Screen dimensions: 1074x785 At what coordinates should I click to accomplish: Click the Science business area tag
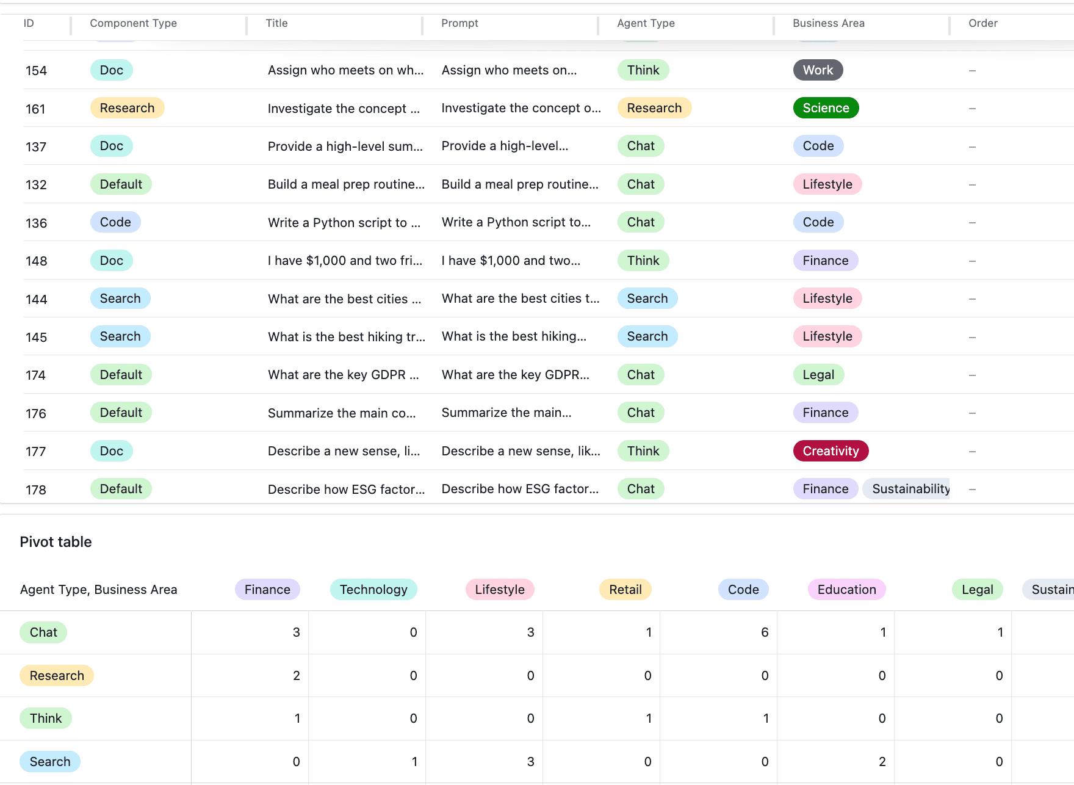[x=826, y=108]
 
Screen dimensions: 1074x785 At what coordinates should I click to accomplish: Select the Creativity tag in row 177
[x=831, y=451]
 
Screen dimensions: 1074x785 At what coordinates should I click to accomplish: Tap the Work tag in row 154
[x=818, y=70]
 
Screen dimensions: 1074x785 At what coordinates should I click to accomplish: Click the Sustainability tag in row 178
[x=907, y=489]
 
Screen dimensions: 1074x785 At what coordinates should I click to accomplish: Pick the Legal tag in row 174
[x=818, y=375]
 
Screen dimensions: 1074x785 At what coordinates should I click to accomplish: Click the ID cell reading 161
[x=35, y=109]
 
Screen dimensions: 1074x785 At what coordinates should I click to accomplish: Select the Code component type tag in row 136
[x=115, y=222]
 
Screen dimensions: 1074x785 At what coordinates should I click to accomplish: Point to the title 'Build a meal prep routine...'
[x=346, y=184]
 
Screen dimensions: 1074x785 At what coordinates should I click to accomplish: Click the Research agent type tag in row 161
[x=654, y=108]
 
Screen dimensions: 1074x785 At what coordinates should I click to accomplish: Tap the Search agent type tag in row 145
[x=647, y=336]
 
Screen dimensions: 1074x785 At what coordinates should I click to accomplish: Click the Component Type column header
[x=133, y=23]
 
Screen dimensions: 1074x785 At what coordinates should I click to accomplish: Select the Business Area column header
[x=828, y=23]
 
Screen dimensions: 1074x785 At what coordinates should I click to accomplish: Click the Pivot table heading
[x=56, y=542]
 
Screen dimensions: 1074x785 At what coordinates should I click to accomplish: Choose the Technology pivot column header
[x=373, y=590]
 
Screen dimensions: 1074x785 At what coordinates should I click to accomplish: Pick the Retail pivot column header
[x=625, y=590]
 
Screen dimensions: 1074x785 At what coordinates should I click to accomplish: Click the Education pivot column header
[x=846, y=590]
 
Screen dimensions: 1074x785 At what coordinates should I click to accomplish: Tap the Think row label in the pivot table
[x=46, y=718]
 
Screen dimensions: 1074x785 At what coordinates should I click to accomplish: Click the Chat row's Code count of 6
[x=765, y=632]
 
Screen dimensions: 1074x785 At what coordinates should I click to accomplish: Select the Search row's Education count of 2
[x=882, y=762]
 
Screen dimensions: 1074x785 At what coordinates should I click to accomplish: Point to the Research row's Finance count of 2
[x=297, y=676]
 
